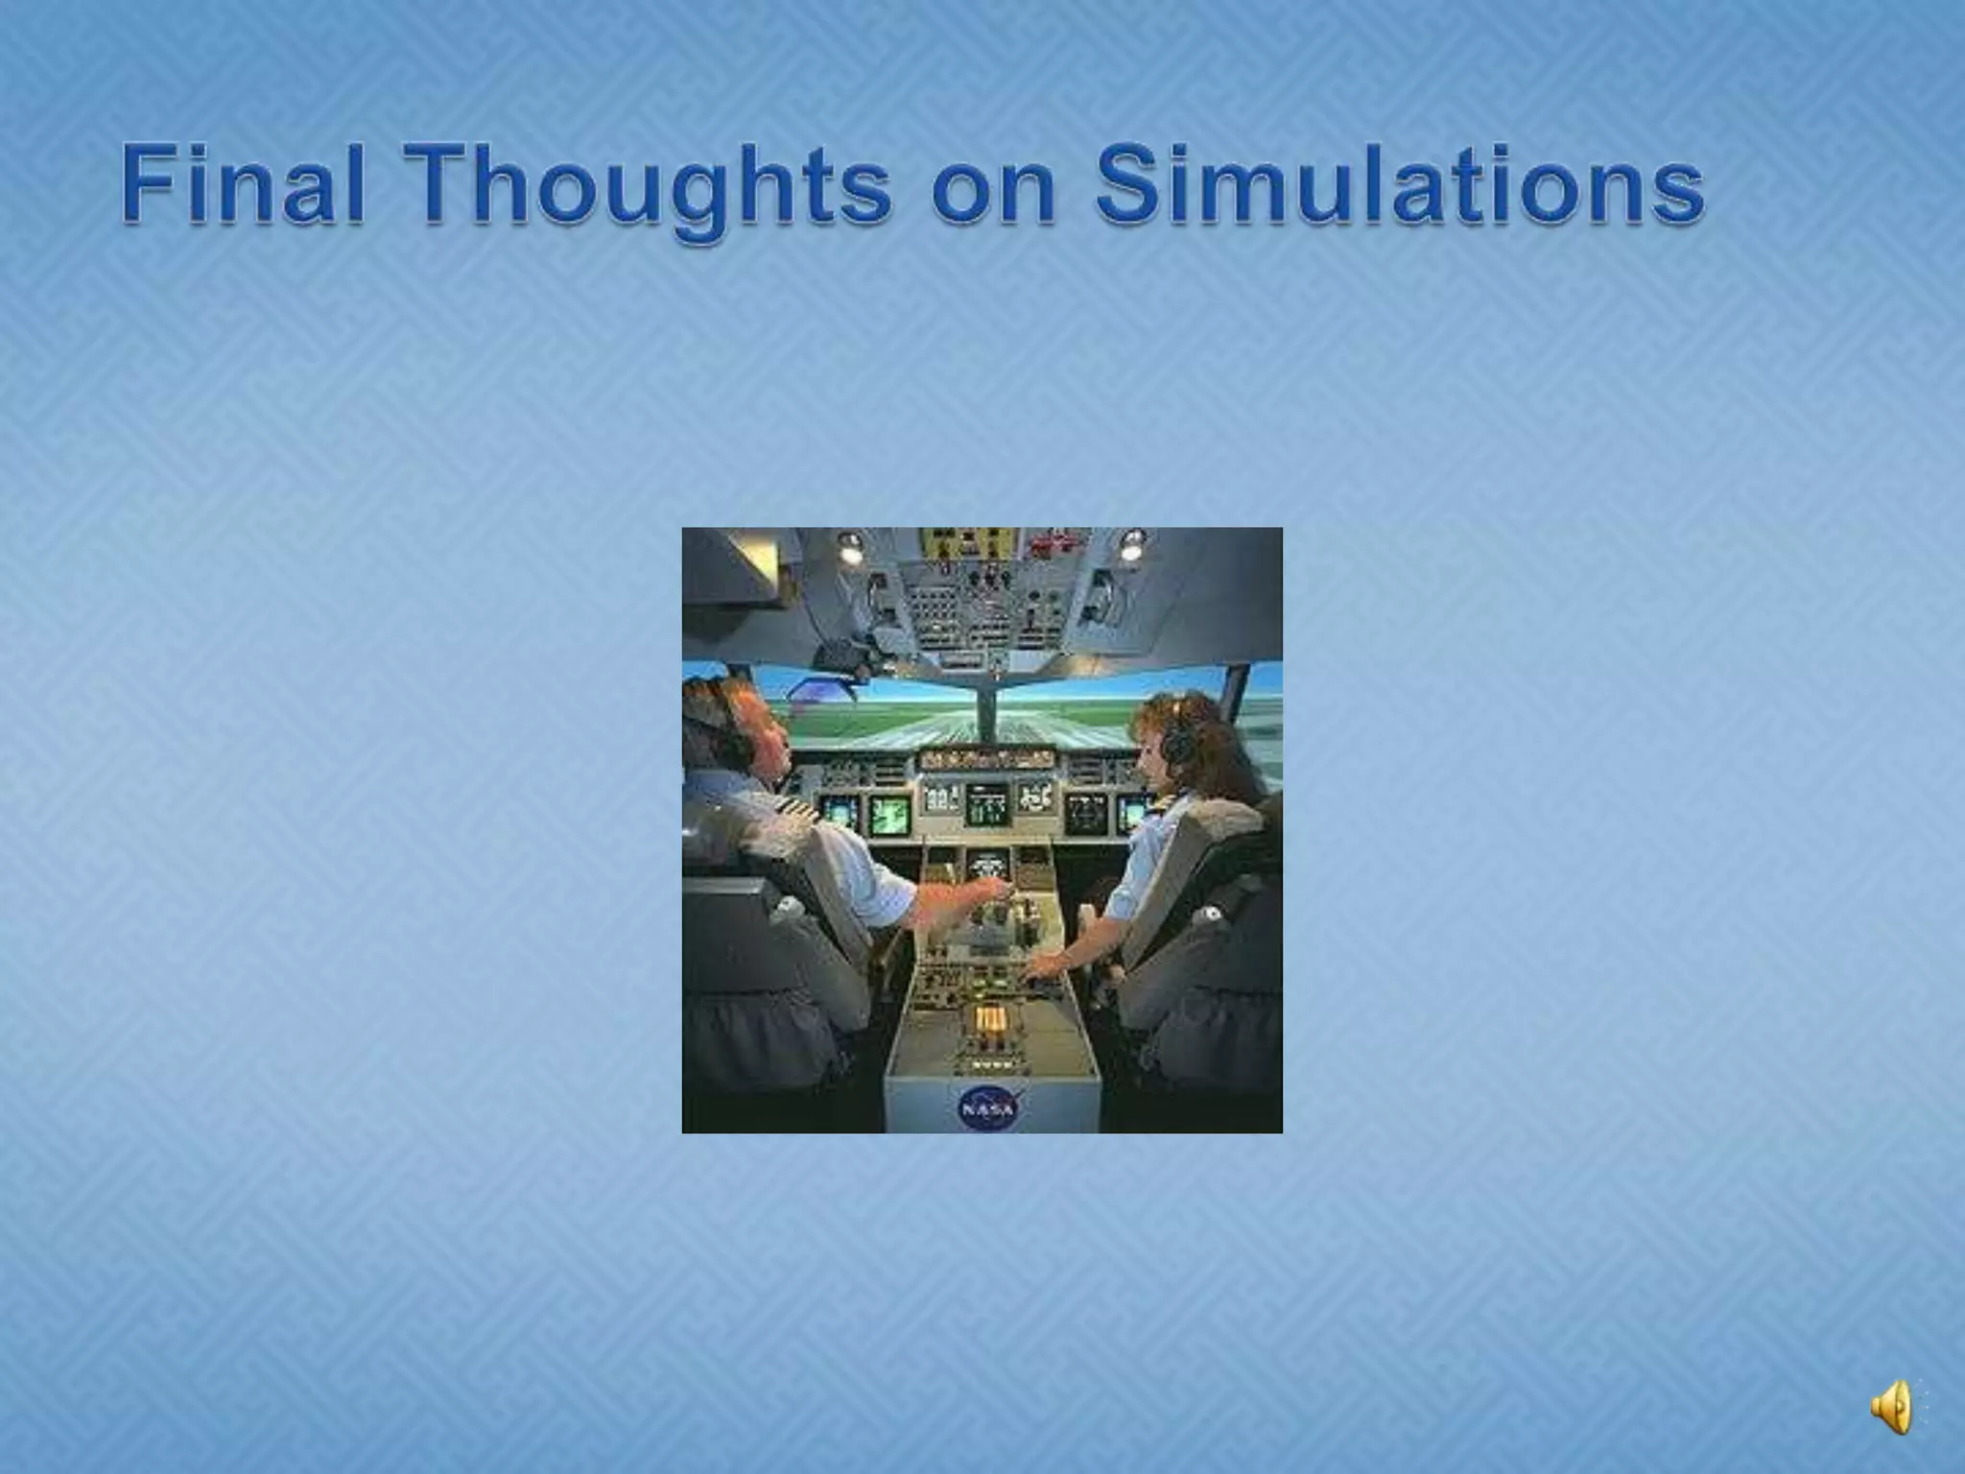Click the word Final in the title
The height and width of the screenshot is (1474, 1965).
coord(243,184)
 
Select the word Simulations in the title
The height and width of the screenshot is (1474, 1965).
coord(1400,184)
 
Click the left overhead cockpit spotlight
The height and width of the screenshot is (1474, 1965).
coord(850,547)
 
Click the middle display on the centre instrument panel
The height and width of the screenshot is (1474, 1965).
coord(987,801)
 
